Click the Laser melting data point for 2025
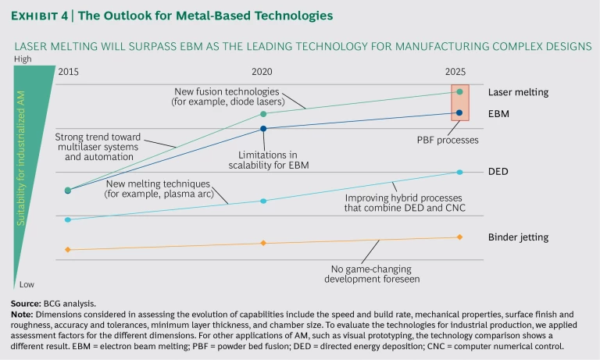459,91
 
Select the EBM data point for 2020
263,128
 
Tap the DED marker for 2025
459,172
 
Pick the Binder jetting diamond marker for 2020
263,243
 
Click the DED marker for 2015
68,219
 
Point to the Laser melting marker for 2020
263,114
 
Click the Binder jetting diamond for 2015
68,249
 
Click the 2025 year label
456,72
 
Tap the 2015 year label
69,72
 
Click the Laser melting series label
518,92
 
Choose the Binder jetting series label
518,237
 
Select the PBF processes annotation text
447,141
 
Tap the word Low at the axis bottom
27,284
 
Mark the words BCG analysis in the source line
69,303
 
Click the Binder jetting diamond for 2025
459,237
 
